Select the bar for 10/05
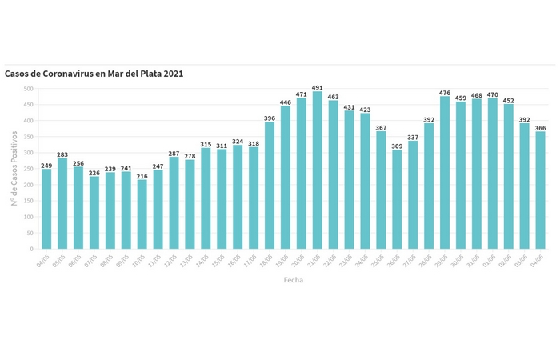[x=142, y=214]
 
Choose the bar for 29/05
[x=445, y=173]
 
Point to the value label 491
[x=317, y=87]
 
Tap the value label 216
[x=142, y=175]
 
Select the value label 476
[x=445, y=92]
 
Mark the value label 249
[x=46, y=165]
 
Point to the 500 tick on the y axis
[x=29, y=89]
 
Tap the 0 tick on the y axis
[x=32, y=249]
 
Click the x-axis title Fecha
[x=294, y=280]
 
